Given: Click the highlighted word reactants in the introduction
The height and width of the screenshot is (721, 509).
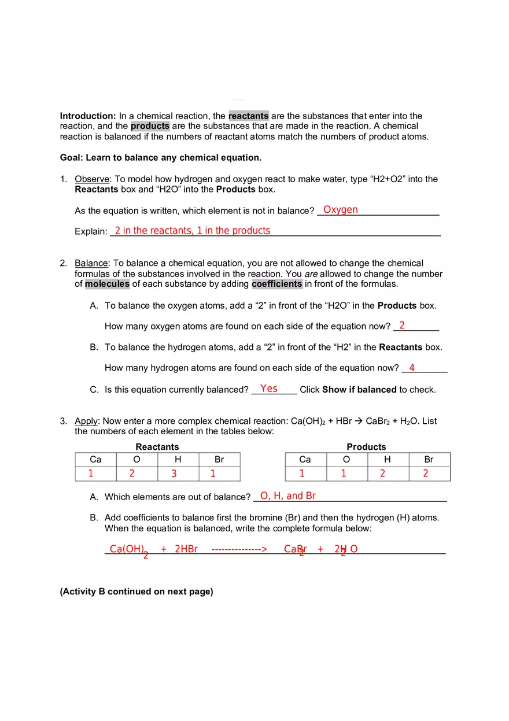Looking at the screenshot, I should click(248, 116).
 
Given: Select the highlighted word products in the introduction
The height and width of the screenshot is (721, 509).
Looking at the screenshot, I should click(150, 126).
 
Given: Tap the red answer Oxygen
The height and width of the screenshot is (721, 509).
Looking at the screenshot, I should click(340, 210).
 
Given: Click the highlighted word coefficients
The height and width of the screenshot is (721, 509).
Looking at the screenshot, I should click(277, 284).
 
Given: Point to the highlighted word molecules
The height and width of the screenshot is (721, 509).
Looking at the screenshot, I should click(107, 284).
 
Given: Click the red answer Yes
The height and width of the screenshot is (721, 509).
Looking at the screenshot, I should click(269, 389).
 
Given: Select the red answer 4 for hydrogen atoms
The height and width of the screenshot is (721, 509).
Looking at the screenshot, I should click(412, 368).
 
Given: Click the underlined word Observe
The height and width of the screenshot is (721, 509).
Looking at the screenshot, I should click(92, 179).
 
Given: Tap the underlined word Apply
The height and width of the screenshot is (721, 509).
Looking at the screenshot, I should click(86, 421).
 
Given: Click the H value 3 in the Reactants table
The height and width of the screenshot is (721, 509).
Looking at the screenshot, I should click(174, 474).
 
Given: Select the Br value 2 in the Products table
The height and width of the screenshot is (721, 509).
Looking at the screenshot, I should click(426, 474).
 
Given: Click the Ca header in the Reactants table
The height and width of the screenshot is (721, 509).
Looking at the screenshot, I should click(95, 460).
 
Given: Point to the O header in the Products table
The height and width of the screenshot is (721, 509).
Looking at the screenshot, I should click(346, 460).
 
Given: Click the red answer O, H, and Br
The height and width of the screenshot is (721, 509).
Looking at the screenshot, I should click(288, 496).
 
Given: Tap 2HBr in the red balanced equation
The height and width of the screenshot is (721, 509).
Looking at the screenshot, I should click(186, 549).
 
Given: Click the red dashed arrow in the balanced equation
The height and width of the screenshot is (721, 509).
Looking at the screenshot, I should click(239, 549).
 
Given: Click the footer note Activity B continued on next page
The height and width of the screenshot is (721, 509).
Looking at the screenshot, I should click(137, 591).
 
